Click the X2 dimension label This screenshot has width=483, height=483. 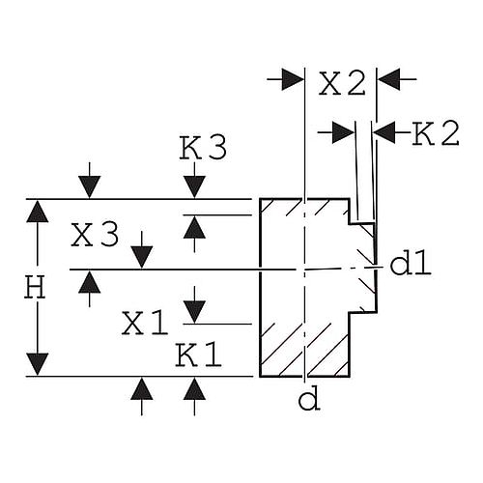tap(342, 83)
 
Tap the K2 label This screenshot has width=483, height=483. tap(436, 133)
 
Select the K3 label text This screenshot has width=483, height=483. tap(203, 148)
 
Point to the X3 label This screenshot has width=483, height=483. tap(95, 235)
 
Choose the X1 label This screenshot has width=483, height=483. tap(145, 324)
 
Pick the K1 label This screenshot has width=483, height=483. tap(199, 355)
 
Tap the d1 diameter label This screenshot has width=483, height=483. tap(411, 263)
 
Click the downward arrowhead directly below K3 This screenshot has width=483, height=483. tap(194, 187)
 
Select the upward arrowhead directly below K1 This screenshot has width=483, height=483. tap(194, 388)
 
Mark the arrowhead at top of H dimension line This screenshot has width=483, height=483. tap(38, 212)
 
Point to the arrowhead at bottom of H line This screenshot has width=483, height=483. tap(38, 364)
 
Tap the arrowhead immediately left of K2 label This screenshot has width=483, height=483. tap(384, 132)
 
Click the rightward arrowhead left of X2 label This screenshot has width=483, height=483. tap(293, 79)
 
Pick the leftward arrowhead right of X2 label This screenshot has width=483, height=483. tap(388, 79)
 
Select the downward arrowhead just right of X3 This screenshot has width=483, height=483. tap(142, 257)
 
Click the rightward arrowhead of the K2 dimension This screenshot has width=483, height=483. tap(343, 132)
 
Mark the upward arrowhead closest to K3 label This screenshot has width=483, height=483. tap(194, 227)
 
